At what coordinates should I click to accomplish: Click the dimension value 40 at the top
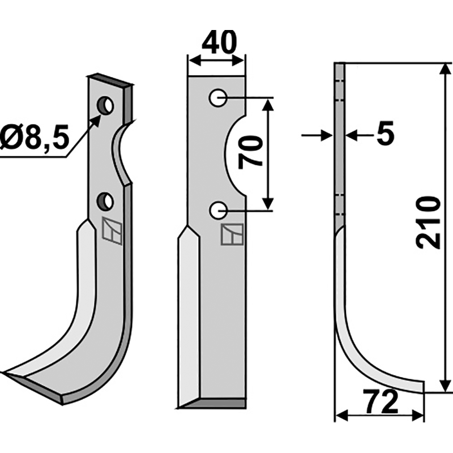pos(217,43)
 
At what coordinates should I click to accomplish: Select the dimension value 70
pos(250,152)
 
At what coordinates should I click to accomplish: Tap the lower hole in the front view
pos(217,211)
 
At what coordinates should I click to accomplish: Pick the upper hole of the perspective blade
pos(105,105)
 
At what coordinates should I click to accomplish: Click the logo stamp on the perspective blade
pos(112,231)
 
